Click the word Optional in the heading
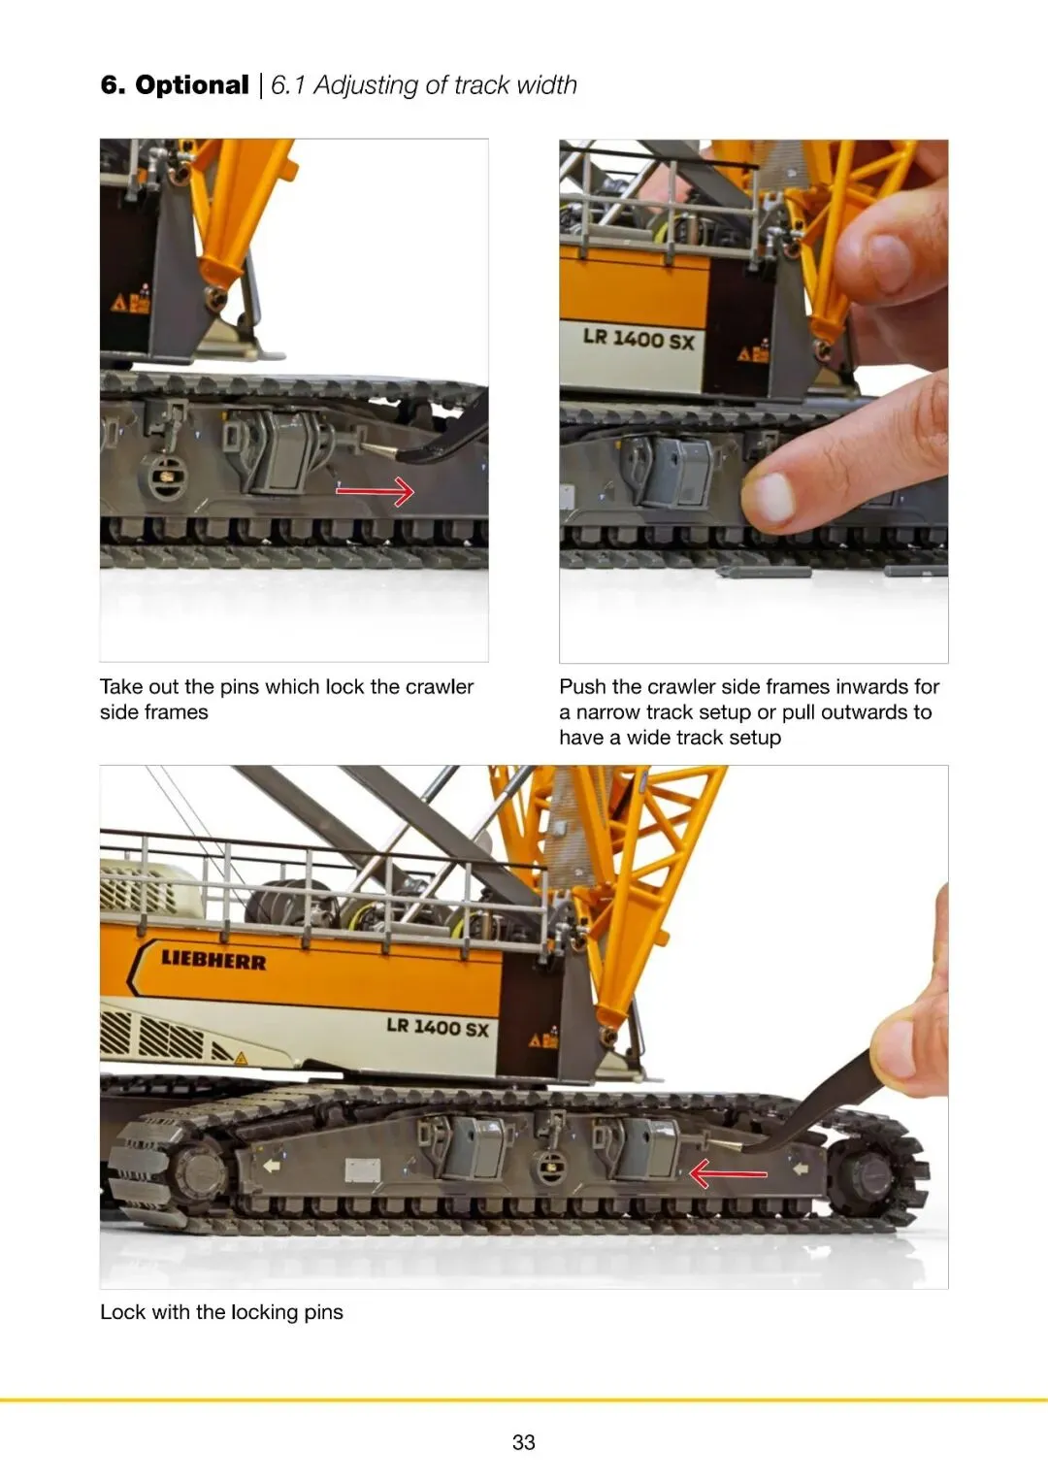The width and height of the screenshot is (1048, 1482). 192,85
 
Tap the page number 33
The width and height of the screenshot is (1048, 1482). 523,1441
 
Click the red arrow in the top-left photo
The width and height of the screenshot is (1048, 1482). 376,491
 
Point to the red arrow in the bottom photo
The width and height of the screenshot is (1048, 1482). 728,1174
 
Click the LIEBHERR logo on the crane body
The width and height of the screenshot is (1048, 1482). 213,960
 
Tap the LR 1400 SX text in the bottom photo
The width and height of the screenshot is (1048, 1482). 438,1028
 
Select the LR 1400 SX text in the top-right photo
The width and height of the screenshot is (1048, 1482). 639,339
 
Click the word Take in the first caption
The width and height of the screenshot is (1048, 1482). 121,687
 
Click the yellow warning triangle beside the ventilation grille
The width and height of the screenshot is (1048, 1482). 241,1059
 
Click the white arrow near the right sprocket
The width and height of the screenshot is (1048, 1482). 800,1169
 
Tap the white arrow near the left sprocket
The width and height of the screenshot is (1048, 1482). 272,1166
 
